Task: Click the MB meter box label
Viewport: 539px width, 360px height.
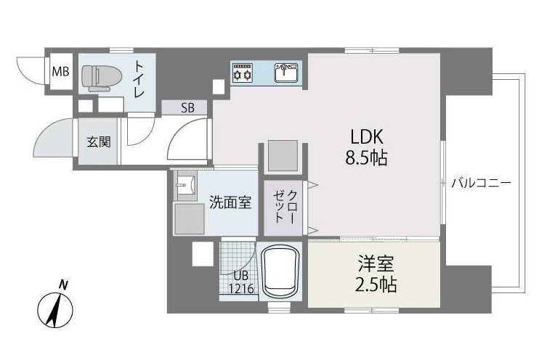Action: click(60, 72)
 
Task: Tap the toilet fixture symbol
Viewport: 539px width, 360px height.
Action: click(102, 78)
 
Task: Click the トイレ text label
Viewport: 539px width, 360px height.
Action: click(139, 78)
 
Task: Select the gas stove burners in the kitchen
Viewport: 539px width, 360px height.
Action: click(243, 72)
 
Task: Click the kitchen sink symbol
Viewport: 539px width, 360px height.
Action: click(286, 72)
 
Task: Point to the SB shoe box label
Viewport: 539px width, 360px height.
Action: click(187, 108)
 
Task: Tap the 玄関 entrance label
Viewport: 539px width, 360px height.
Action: click(99, 142)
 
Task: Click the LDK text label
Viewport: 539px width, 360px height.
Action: click(366, 136)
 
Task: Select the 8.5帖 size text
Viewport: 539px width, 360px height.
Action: click(366, 158)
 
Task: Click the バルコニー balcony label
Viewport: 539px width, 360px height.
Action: click(481, 183)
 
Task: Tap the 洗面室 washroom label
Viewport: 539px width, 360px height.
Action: click(230, 202)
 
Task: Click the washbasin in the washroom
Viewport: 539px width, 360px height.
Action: click(186, 186)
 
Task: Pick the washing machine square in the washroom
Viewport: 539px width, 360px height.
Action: click(190, 219)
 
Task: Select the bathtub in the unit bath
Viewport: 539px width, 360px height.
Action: click(280, 271)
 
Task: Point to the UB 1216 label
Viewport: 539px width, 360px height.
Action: click(241, 282)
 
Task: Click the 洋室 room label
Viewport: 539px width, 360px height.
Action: click(376, 263)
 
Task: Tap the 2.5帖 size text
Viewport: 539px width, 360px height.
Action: click(376, 285)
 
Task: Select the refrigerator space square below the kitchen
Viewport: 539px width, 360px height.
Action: click(283, 155)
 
